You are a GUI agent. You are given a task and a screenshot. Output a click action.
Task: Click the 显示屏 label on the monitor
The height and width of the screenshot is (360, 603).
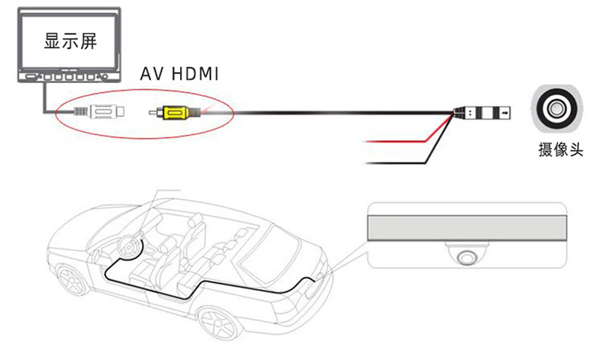point(71,40)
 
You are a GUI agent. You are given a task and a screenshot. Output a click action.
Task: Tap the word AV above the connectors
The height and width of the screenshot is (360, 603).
point(153,75)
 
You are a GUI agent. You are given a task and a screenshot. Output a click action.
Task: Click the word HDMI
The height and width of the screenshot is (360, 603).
point(195,75)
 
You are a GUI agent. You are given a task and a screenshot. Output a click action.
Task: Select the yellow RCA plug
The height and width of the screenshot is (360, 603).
point(174,114)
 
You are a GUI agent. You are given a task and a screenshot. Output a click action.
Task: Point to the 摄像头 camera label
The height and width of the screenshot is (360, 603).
point(560,150)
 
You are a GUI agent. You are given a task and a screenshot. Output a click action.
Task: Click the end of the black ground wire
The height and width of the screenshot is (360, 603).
point(371,162)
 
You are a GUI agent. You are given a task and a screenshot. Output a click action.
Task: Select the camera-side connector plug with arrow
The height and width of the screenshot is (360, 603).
point(489,113)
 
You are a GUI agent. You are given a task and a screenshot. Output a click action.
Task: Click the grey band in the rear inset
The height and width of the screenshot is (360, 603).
point(466,227)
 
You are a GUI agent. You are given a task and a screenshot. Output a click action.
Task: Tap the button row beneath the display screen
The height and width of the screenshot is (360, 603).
point(65,78)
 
